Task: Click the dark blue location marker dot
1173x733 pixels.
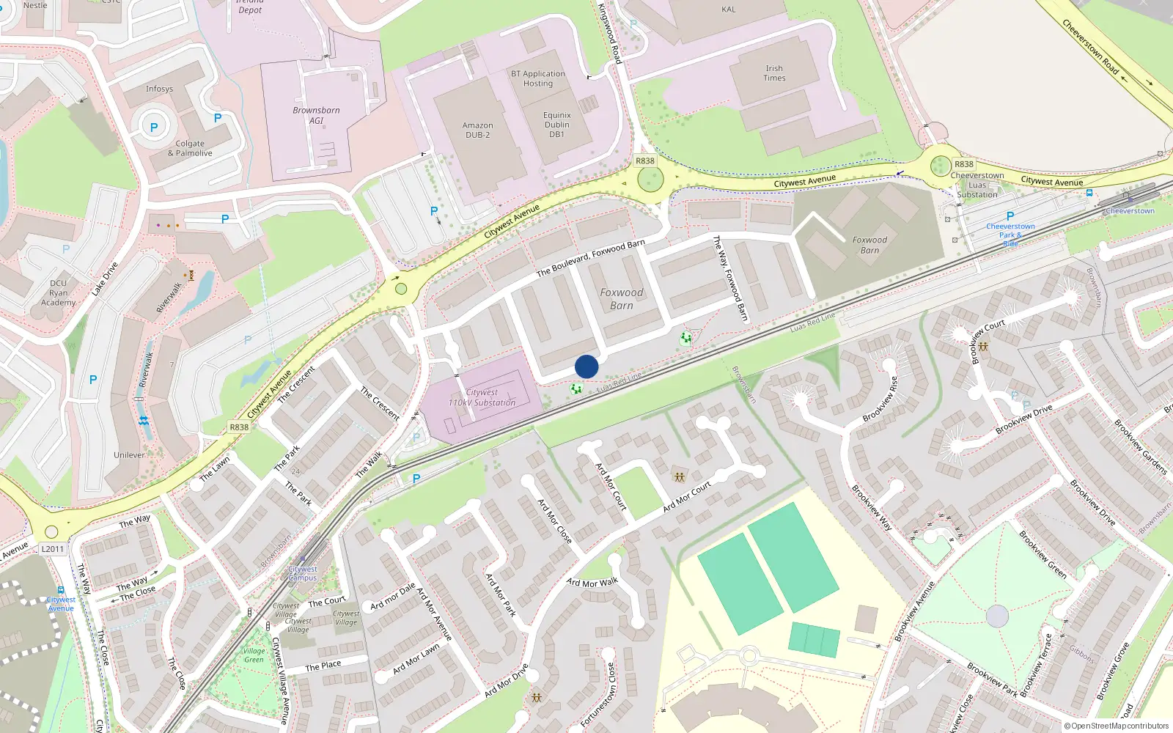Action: click(586, 366)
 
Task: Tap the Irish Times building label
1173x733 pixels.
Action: click(774, 73)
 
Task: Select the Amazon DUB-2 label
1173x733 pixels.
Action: click(477, 130)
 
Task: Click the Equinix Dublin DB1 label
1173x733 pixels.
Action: click(557, 125)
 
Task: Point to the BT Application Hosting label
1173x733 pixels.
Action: click(538, 78)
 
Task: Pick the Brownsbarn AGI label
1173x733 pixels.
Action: click(316, 115)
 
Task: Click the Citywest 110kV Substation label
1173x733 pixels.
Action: click(482, 397)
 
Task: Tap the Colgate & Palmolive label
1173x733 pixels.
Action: click(190, 148)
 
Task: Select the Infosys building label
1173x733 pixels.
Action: click(159, 89)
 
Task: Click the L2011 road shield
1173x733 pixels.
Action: click(53, 549)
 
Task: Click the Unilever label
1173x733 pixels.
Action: click(129, 455)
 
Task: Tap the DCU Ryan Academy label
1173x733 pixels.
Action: click(59, 292)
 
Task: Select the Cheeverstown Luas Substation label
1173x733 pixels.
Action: click(977, 185)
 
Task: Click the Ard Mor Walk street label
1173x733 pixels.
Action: click(592, 583)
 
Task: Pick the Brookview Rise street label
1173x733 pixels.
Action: click(880, 399)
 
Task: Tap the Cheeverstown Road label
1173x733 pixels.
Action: click(1091, 47)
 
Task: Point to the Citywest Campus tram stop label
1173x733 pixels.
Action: click(303, 573)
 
